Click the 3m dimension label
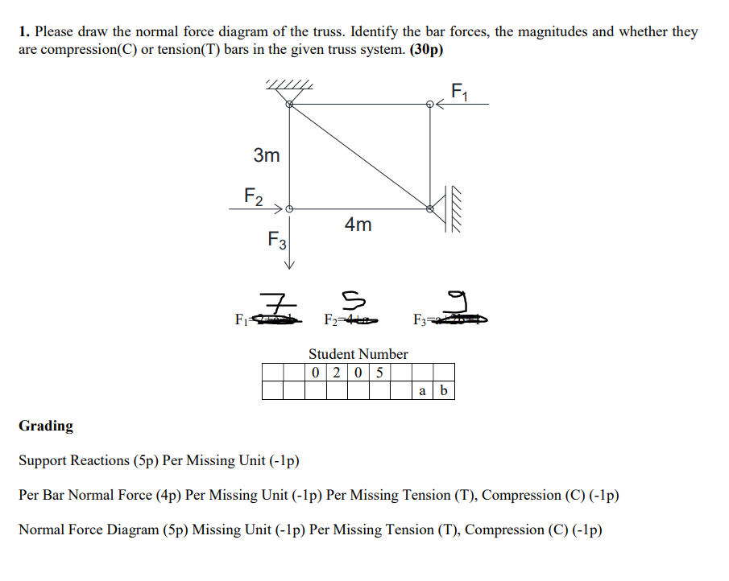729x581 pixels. pyautogui.click(x=267, y=155)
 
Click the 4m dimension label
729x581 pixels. pyautogui.click(x=358, y=225)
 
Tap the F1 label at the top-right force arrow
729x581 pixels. pyautogui.click(x=460, y=91)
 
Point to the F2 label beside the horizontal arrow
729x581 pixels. pyautogui.click(x=253, y=195)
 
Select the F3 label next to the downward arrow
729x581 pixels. pyautogui.click(x=277, y=240)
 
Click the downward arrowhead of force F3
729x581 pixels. pyautogui.click(x=290, y=266)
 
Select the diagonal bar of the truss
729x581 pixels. pyautogui.click(x=360, y=156)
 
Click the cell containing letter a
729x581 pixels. pyautogui.click(x=423, y=392)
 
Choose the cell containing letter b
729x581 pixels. pyautogui.click(x=444, y=392)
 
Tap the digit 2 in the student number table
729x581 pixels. pyautogui.click(x=337, y=373)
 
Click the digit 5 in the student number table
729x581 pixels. pyautogui.click(x=379, y=373)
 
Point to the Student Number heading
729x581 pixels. pyautogui.click(x=358, y=354)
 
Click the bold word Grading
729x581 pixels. pyautogui.click(x=46, y=426)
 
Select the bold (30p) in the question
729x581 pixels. pyautogui.click(x=426, y=49)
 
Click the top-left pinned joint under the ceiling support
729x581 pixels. pyautogui.click(x=290, y=104)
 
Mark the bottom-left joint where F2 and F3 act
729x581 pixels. pyautogui.click(x=290, y=208)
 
